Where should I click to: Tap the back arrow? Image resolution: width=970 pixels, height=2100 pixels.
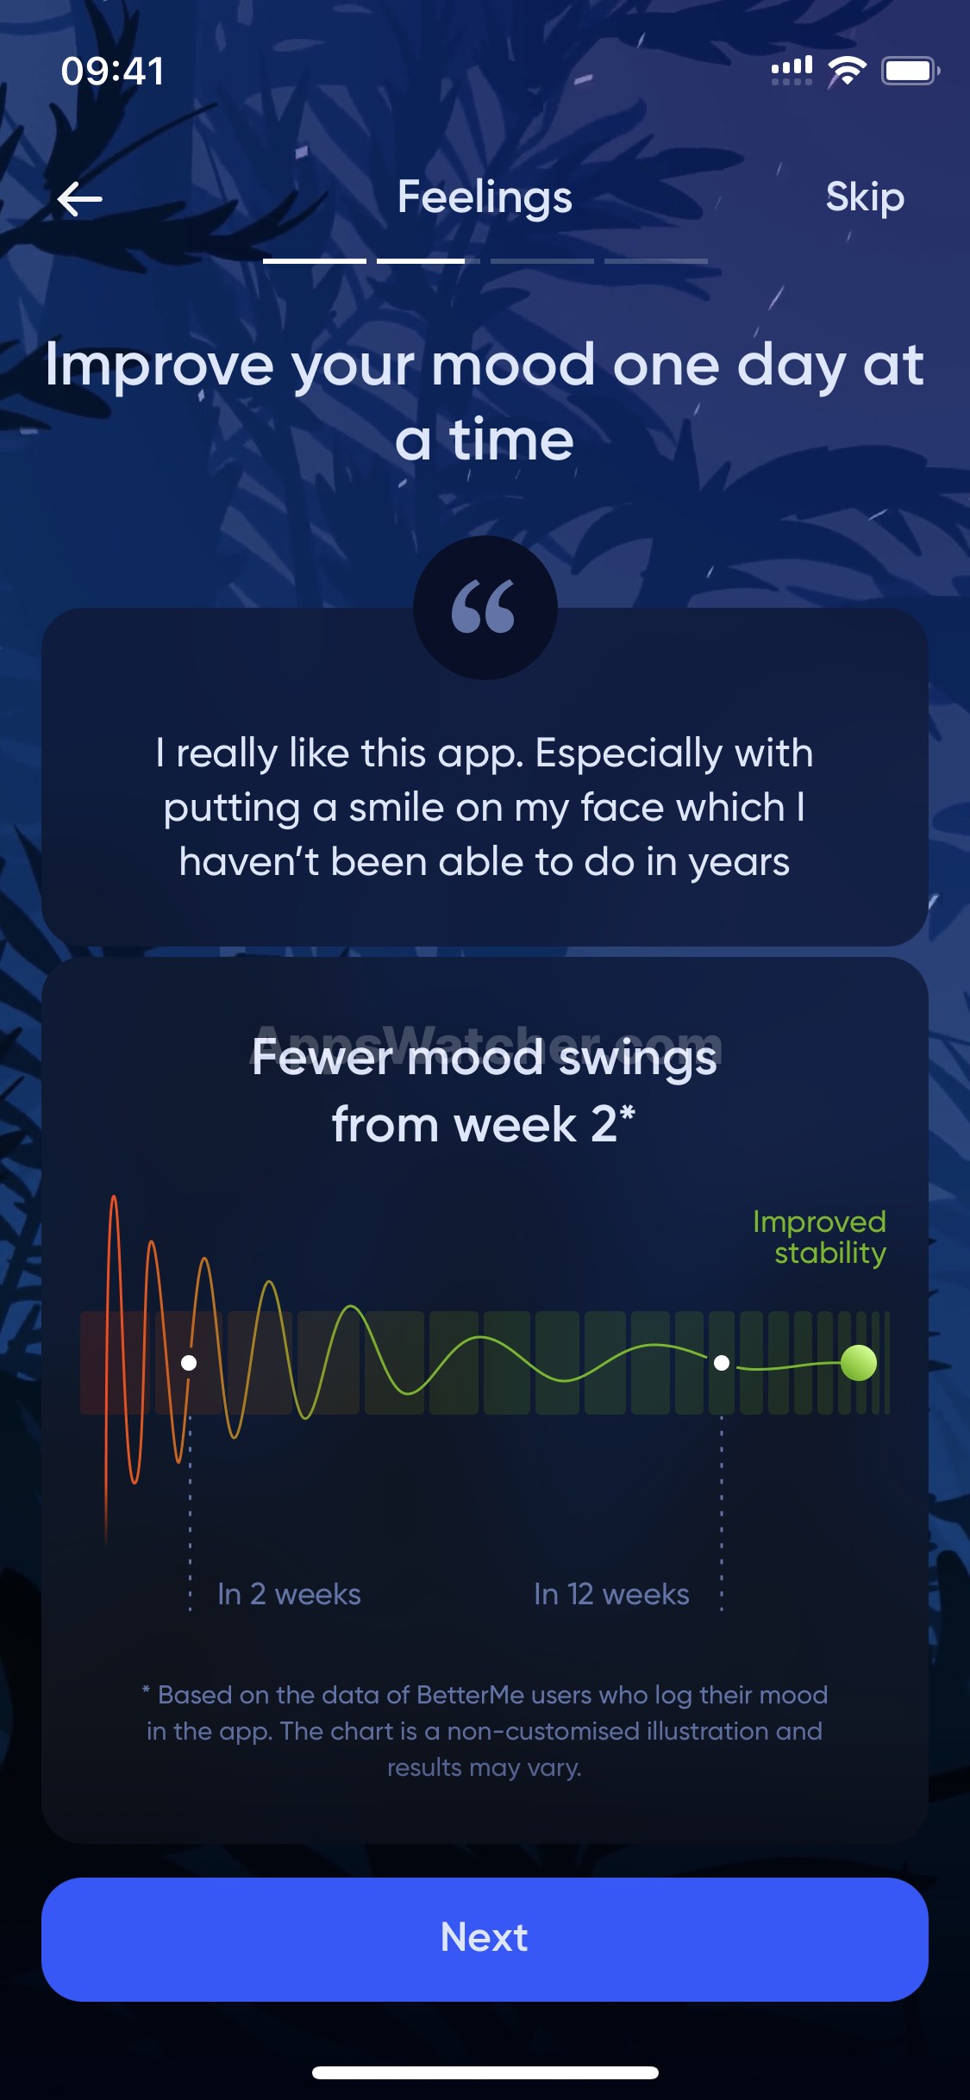[x=79, y=199]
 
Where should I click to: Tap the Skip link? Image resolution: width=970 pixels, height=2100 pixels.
[x=865, y=197]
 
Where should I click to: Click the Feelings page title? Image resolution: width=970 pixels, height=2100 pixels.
[x=485, y=198]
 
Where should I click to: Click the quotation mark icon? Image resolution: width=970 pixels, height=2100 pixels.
[x=484, y=607]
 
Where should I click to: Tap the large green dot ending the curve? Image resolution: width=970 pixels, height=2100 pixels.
[x=858, y=1363]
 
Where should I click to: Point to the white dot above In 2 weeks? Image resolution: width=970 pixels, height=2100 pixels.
[x=189, y=1363]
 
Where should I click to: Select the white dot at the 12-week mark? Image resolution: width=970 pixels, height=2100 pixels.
[x=722, y=1363]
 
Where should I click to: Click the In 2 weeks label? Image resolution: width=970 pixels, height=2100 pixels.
[x=289, y=1594]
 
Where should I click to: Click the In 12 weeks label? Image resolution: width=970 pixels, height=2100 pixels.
[x=611, y=1594]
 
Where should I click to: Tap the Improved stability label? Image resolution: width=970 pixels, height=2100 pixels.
[x=820, y=1237]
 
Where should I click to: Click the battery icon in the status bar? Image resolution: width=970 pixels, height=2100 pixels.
[x=910, y=71]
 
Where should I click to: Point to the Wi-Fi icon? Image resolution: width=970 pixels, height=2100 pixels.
[x=847, y=71]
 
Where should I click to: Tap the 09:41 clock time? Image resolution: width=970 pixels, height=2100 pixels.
[x=112, y=71]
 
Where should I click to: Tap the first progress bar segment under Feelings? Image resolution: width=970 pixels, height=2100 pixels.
[x=315, y=260]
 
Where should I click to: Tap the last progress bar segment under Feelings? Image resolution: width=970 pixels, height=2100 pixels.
[x=656, y=260]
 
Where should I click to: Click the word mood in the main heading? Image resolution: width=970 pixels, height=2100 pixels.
[x=513, y=365]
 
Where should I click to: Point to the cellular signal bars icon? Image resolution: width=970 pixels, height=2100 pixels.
[x=792, y=71]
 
